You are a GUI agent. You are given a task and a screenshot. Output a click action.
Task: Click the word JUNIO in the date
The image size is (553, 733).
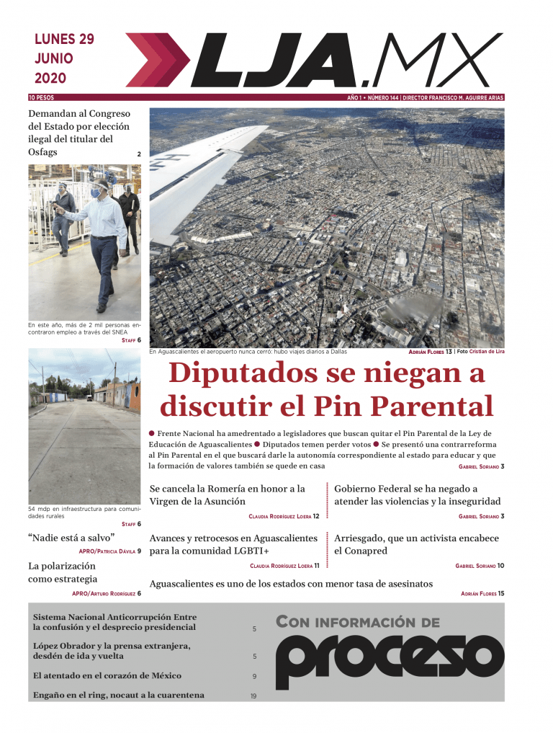[x=53, y=59]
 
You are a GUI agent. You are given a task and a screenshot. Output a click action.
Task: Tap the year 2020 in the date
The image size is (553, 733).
[x=50, y=78]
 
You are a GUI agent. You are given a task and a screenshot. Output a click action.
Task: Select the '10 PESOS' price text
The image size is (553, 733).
[x=41, y=97]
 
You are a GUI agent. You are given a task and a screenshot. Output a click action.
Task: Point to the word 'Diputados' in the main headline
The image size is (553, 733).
[x=238, y=374]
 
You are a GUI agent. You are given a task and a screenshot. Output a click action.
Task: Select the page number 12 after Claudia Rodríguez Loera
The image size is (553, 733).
[x=316, y=516]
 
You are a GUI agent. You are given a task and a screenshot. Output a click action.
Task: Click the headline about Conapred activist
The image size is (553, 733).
[x=416, y=544]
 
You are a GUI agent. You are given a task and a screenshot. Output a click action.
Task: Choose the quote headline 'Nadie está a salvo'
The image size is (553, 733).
[x=71, y=538]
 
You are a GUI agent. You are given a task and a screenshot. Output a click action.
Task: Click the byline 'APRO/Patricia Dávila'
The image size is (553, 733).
[x=107, y=552]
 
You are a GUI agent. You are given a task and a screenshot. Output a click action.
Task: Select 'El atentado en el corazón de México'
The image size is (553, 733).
[x=107, y=676]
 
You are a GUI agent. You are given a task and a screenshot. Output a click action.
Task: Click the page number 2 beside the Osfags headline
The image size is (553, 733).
[x=139, y=154]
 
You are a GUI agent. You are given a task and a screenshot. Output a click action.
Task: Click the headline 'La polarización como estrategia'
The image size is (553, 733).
[x=63, y=572]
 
